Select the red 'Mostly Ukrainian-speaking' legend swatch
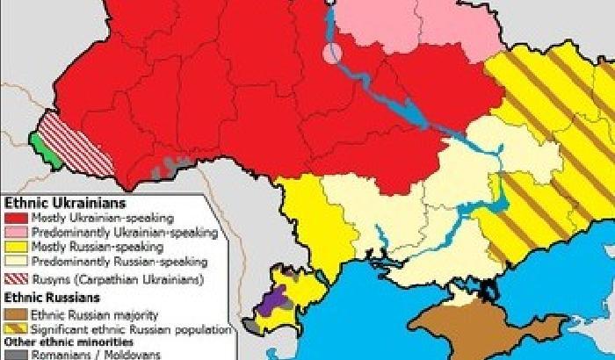15,218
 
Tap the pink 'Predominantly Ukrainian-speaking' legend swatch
15,233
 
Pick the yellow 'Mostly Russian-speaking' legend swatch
15,248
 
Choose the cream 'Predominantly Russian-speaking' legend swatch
15,262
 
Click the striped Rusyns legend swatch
15,280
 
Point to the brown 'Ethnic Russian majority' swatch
15,313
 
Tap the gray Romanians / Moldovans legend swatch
15,355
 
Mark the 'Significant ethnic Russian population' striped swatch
15,328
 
